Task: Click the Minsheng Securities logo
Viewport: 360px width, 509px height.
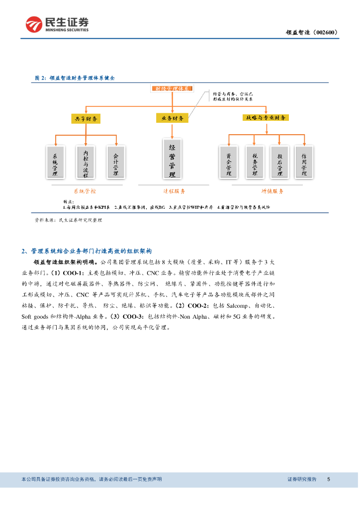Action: [57, 24]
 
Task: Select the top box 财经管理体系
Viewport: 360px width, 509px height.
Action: [172, 89]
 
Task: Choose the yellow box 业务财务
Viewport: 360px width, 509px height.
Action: [172, 118]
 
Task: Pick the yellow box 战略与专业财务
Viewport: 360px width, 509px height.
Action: [266, 118]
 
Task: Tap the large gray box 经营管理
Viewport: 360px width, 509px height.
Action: [172, 159]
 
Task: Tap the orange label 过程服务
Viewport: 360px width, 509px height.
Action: [174, 191]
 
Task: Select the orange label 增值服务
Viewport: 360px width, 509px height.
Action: [272, 191]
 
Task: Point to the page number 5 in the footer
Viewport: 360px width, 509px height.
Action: [328, 479]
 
